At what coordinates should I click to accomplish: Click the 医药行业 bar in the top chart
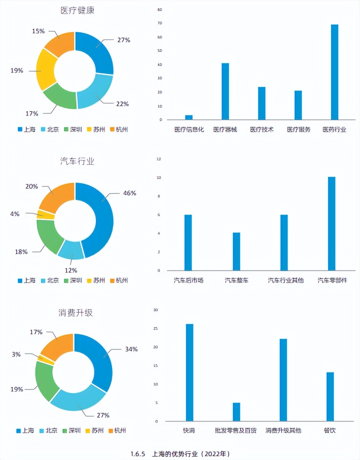coord(334,72)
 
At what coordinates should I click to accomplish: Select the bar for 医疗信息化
coord(189,117)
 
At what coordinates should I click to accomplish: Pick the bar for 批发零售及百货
coord(237,412)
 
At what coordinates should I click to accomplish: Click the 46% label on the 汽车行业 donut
coord(129,193)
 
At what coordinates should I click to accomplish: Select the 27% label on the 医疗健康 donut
coord(124,40)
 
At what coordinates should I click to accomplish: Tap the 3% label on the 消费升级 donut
coord(16,354)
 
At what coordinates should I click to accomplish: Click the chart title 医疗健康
coord(77,10)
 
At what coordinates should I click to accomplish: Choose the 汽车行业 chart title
coord(77,161)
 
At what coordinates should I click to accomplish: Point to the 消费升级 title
coord(75,313)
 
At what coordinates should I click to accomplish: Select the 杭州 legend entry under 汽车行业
coord(119,281)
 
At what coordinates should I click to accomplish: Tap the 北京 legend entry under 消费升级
coord(48,431)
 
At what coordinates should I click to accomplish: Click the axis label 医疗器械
coord(225,130)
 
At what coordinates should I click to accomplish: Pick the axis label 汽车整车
coord(237,281)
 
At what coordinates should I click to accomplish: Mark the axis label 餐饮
coord(330,431)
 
